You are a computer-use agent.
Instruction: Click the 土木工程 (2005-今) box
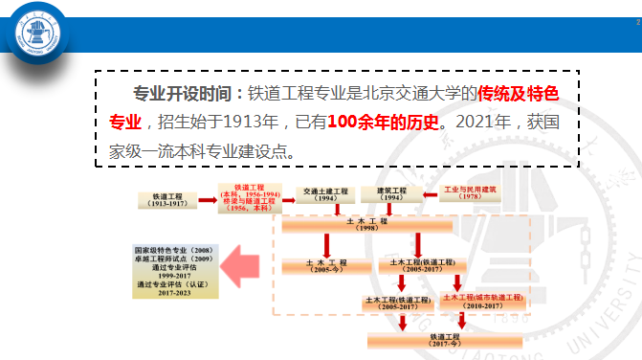pyautogui.click(x=318, y=265)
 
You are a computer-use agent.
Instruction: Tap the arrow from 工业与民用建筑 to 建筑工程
pyautogui.click(x=428, y=193)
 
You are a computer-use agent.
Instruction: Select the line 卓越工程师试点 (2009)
pyautogui.click(x=175, y=259)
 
